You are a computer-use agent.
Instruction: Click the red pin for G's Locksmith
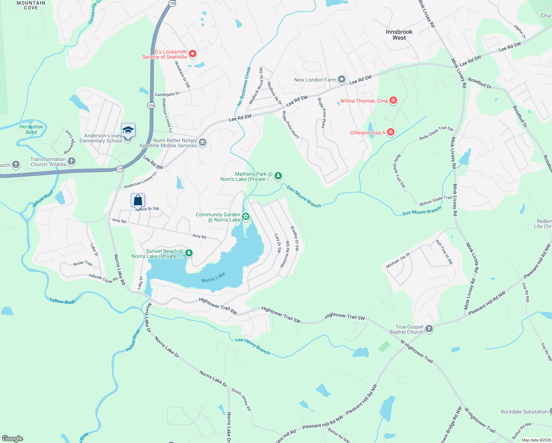(192, 54)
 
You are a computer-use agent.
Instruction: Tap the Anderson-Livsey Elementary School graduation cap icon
(128, 130)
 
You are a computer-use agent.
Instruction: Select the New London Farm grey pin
(342, 79)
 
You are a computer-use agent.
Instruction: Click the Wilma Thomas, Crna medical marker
(393, 100)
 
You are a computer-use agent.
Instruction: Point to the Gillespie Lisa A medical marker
(391, 132)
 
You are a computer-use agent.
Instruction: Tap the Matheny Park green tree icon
(278, 176)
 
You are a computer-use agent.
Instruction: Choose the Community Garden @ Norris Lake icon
(246, 217)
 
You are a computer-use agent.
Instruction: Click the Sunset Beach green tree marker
(189, 253)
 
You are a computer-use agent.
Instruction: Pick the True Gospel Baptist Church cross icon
(429, 329)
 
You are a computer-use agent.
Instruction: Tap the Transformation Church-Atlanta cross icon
(72, 161)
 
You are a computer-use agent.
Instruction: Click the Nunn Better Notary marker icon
(202, 142)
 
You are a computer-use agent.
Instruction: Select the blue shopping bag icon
(138, 200)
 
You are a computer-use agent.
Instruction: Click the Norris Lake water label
(213, 278)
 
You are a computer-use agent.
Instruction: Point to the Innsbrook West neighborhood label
(399, 35)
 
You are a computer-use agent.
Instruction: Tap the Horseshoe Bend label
(31, 129)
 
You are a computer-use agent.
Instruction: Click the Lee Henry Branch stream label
(253, 346)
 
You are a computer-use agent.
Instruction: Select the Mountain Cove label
(31, 5)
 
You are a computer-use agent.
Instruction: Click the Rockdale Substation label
(524, 412)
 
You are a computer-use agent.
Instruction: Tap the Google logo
(13, 439)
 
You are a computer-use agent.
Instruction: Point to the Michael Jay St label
(398, 261)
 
